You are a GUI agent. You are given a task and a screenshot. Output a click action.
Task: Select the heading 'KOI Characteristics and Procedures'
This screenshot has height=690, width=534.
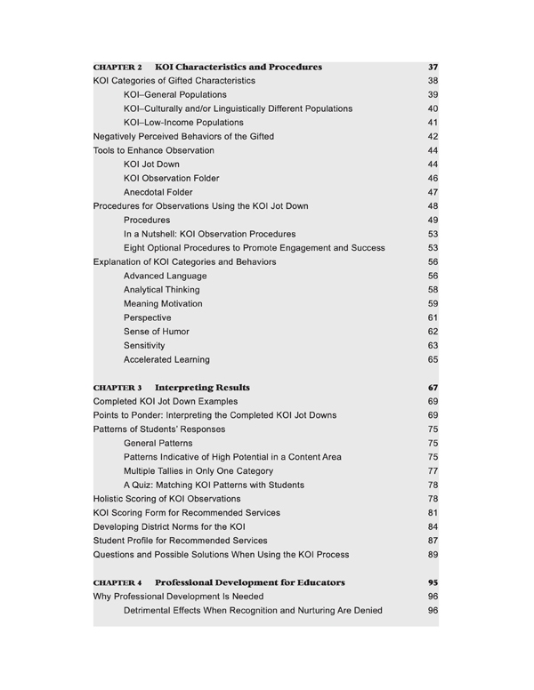click(238, 68)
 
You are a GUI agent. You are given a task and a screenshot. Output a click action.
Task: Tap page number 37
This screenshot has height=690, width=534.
click(433, 68)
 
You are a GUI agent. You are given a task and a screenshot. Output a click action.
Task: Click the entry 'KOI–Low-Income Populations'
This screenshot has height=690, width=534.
click(183, 123)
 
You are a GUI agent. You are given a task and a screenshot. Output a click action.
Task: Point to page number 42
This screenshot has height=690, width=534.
click(433, 137)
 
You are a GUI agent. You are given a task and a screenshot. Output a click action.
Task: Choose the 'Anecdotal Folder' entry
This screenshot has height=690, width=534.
click(158, 192)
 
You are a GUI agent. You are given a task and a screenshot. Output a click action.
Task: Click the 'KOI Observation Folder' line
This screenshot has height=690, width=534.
click(171, 179)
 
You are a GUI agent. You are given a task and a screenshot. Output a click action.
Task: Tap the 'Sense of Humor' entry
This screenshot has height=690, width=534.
click(157, 332)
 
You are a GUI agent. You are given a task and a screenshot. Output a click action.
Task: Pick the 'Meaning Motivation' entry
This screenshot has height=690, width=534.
click(163, 304)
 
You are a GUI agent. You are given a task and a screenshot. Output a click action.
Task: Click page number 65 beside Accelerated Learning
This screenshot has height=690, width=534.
click(433, 360)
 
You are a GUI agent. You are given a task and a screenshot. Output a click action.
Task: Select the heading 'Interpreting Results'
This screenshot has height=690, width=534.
click(202, 389)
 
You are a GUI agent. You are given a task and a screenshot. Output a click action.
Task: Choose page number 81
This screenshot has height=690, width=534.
click(433, 513)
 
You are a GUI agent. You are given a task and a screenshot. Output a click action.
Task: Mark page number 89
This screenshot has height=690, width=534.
click(433, 555)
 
